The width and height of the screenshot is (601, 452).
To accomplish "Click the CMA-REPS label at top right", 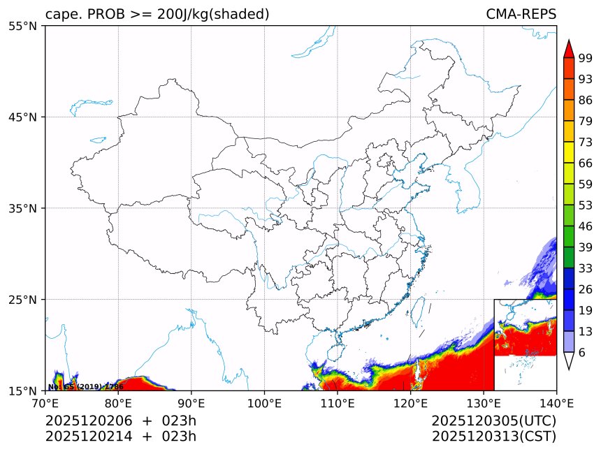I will pyautogui.click(x=521, y=14).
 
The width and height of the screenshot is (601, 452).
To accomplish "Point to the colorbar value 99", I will pyautogui.click(x=586, y=58).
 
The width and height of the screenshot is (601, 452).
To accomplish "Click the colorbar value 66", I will pyautogui.click(x=586, y=163).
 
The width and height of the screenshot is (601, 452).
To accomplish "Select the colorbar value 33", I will pyautogui.click(x=586, y=268).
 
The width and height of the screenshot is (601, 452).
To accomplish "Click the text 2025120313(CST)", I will pyautogui.click(x=493, y=437).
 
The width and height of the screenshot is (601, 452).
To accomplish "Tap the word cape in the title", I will pyautogui.click(x=61, y=14).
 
